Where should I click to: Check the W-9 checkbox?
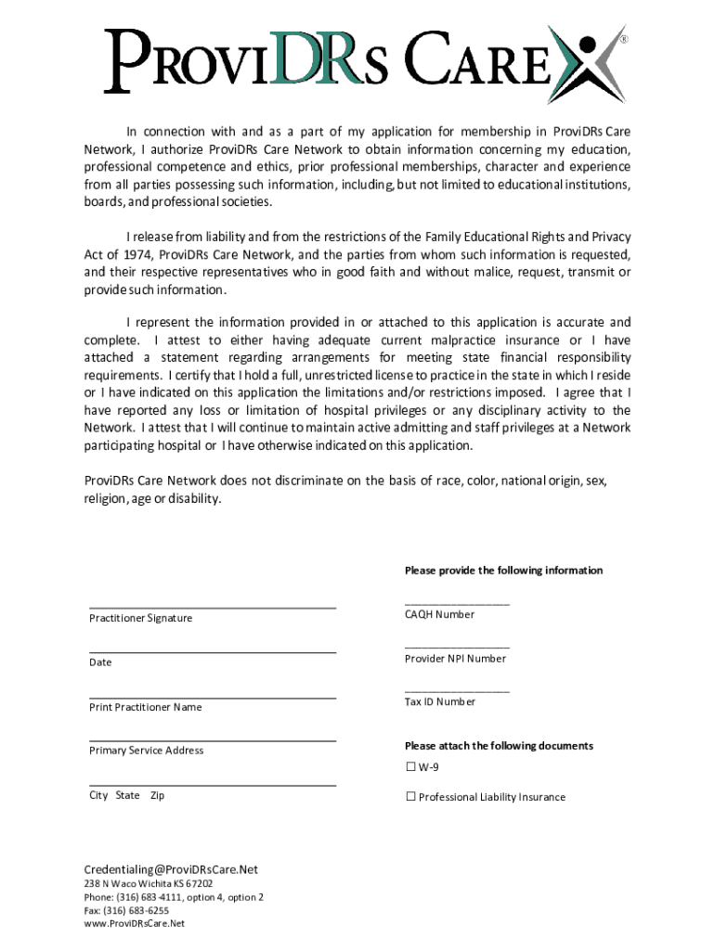tap(410, 767)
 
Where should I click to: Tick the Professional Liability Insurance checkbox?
tap(410, 797)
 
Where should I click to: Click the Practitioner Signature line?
tap(213, 607)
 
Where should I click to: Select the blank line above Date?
tap(213, 652)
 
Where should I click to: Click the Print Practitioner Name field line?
tap(213, 697)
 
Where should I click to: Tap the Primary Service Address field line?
tap(213, 740)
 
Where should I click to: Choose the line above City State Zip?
tap(213, 785)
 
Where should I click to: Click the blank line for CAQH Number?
tap(457, 604)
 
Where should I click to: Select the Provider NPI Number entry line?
tap(457, 648)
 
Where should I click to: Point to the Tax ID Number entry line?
tap(457, 691)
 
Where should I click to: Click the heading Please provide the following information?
tap(503, 571)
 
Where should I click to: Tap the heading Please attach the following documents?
tap(499, 746)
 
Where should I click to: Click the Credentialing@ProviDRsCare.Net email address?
tap(171, 869)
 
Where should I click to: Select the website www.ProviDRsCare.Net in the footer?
tap(135, 924)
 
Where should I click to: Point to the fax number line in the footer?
tap(126, 911)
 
